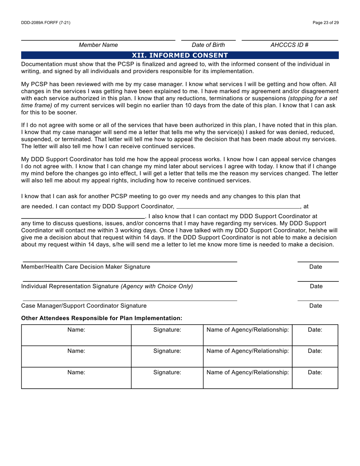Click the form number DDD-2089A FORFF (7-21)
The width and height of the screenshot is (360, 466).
point(45,23)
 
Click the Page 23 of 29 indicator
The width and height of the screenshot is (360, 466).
point(326,23)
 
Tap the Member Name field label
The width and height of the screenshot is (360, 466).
point(98,45)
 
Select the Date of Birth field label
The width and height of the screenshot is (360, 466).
point(208,45)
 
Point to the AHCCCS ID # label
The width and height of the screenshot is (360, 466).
point(290,45)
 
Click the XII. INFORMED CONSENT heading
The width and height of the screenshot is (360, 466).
point(180,55)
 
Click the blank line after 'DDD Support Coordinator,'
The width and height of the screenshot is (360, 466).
point(238,208)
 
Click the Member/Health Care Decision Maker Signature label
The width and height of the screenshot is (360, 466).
point(86,267)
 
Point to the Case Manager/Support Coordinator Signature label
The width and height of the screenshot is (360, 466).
point(84,306)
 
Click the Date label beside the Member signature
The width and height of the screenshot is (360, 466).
point(316,267)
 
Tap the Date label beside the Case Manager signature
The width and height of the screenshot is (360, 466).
point(316,306)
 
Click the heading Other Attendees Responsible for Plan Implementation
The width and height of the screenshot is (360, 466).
point(102,318)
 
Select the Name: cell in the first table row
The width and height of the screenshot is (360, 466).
point(76,330)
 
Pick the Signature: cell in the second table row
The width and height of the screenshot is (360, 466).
point(167,351)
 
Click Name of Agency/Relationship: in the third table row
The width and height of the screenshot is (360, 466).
point(247,372)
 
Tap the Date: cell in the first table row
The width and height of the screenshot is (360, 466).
point(315,330)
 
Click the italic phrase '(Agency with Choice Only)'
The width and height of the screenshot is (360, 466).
point(157,286)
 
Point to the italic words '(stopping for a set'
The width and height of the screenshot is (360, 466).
point(312,99)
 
